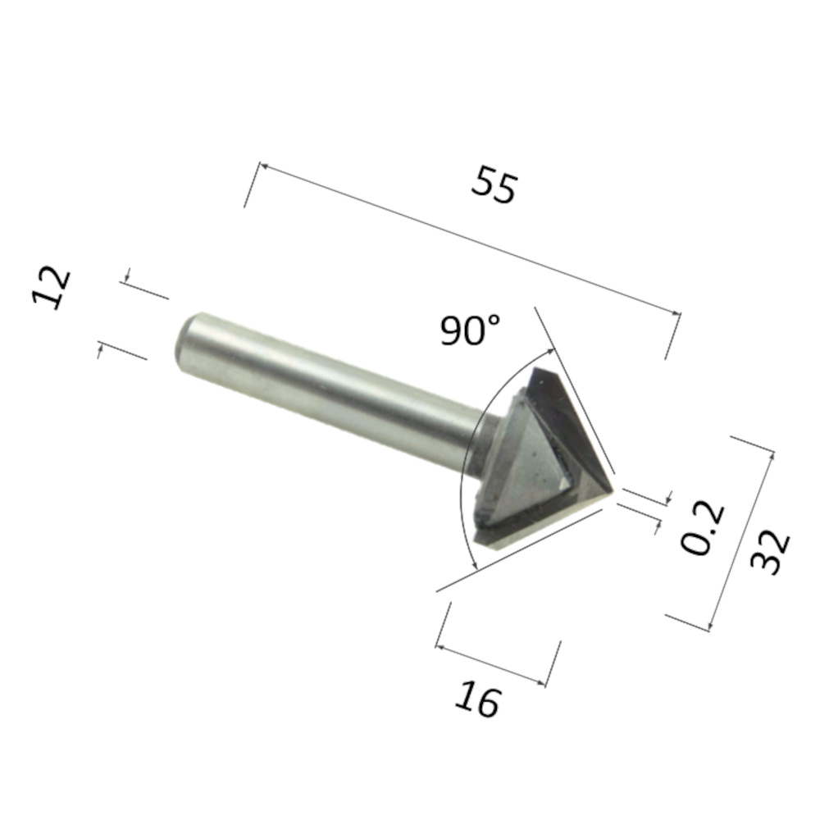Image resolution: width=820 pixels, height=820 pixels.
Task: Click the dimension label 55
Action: coord(494,184)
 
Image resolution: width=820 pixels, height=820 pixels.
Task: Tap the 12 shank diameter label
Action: coord(51,288)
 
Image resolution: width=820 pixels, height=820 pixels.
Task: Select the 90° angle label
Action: coord(470,330)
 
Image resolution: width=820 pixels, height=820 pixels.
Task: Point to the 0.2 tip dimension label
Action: coord(703,527)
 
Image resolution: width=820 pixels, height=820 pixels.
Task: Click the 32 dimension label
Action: coord(770,553)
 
